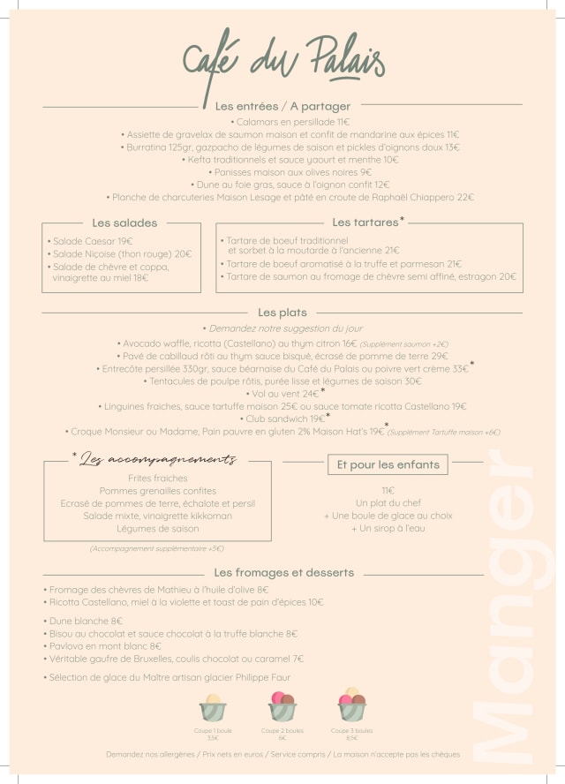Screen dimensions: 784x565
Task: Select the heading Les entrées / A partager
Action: (282, 106)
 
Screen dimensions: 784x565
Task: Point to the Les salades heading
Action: (124, 223)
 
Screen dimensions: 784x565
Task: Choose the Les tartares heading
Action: (366, 222)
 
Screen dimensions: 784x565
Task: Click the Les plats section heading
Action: (282, 313)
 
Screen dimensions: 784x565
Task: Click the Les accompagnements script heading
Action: (157, 460)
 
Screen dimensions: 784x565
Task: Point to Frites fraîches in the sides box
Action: (158, 478)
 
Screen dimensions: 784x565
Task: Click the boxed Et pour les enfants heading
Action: (388, 464)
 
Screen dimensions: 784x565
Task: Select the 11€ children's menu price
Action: (388, 490)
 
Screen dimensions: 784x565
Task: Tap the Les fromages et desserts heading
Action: (283, 572)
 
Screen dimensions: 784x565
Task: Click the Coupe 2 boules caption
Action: (282, 731)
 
